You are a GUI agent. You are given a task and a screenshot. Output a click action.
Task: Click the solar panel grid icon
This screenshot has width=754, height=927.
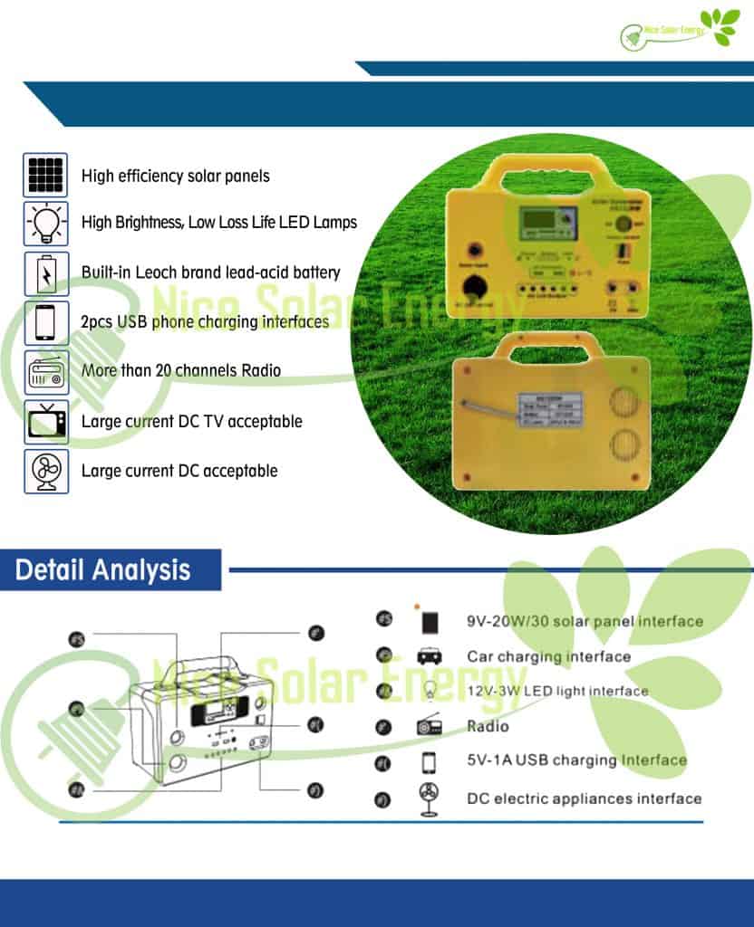[45, 175]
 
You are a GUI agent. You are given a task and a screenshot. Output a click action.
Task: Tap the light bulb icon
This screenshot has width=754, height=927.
[45, 224]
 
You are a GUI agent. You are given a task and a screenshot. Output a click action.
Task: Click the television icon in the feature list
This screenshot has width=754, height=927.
[45, 422]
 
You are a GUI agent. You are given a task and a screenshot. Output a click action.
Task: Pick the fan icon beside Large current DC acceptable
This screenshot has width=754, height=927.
[45, 471]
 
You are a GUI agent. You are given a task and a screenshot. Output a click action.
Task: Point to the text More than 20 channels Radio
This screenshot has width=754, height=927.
[180, 370]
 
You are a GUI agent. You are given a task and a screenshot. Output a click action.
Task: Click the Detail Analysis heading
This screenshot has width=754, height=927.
[103, 569]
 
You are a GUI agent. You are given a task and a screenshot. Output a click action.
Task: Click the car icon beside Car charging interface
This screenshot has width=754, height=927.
[429, 656]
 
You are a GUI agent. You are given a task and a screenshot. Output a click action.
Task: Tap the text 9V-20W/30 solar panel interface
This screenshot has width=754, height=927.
[585, 622]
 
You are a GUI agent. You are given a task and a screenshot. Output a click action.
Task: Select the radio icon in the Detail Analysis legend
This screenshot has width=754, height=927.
[429, 726]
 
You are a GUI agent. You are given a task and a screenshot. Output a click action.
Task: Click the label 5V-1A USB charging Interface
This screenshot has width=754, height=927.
[576, 760]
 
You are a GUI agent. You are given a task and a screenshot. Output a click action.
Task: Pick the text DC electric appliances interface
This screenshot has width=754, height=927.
[584, 798]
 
